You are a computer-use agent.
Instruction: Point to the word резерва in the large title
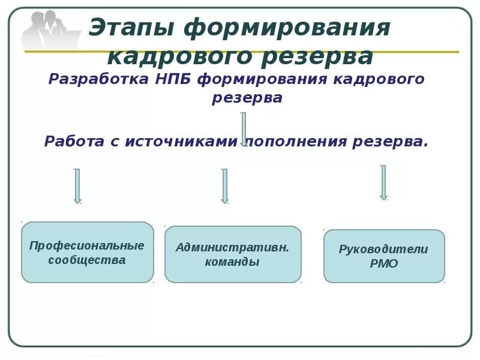318,57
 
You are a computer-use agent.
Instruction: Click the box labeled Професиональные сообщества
88,253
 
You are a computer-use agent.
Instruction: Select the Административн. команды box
233,254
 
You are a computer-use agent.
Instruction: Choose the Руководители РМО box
384,256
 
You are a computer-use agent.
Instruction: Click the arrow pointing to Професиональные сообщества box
77,186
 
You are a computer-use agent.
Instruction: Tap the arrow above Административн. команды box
224,186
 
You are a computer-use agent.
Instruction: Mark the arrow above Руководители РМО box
383,182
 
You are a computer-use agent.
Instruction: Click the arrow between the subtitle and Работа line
244,128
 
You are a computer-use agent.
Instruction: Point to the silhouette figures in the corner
49,30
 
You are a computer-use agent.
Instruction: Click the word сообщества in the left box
87,260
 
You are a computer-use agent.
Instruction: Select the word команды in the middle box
232,262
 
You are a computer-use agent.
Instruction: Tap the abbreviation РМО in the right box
384,264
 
